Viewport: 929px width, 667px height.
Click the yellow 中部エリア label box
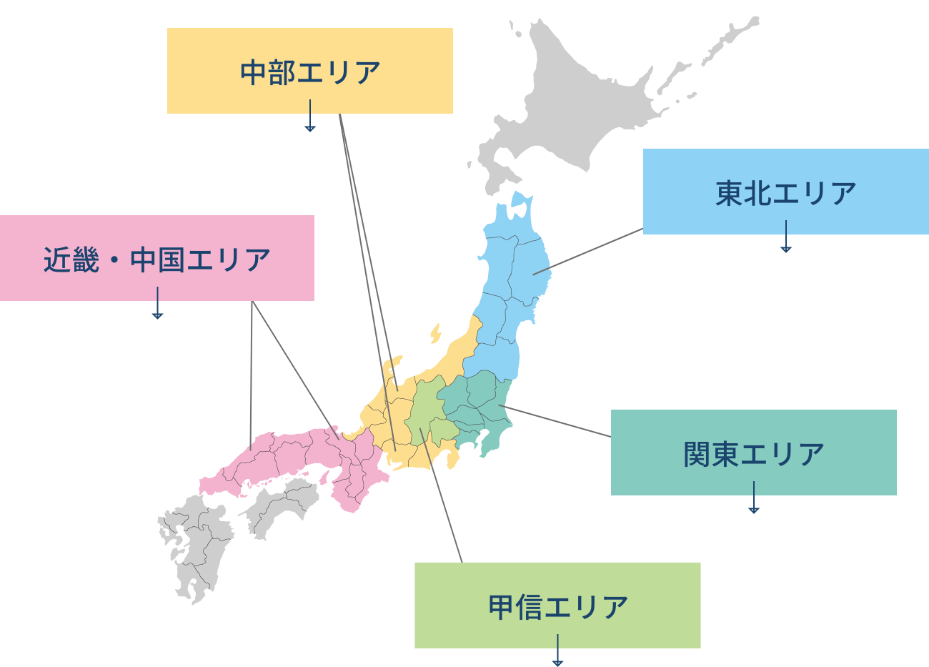pos(309,71)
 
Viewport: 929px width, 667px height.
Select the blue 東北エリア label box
pos(785,192)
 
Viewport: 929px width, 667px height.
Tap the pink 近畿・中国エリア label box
pos(157,258)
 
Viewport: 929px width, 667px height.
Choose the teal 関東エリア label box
pos(753,453)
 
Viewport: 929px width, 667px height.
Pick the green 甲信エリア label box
pos(557,606)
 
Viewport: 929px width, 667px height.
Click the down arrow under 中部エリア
pos(309,118)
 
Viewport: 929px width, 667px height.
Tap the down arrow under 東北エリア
pos(785,239)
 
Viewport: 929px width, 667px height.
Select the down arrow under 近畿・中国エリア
pos(157,305)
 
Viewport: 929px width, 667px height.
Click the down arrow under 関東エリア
pos(753,500)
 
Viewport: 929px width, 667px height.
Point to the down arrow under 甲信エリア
pos(557,654)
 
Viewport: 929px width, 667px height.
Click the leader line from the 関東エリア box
pos(557,422)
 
